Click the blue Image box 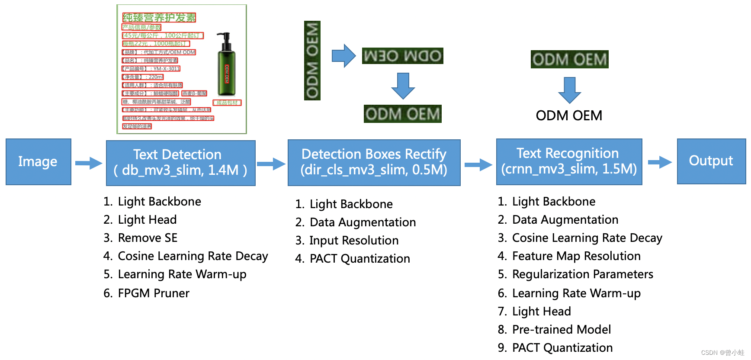pos(38,162)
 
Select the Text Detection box pos(180,163)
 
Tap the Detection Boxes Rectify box pos(374,162)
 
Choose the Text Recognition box pos(569,161)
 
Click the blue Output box pos(711,161)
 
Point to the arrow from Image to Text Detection pos(88,163)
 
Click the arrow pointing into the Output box pos(659,162)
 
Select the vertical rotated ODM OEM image pos(312,61)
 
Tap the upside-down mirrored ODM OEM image pos(402,56)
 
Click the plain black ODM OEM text pos(569,116)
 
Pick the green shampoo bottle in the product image pos(226,65)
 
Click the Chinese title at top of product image pos(159,17)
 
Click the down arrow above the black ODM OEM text pos(569,90)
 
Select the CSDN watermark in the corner pos(722,353)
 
